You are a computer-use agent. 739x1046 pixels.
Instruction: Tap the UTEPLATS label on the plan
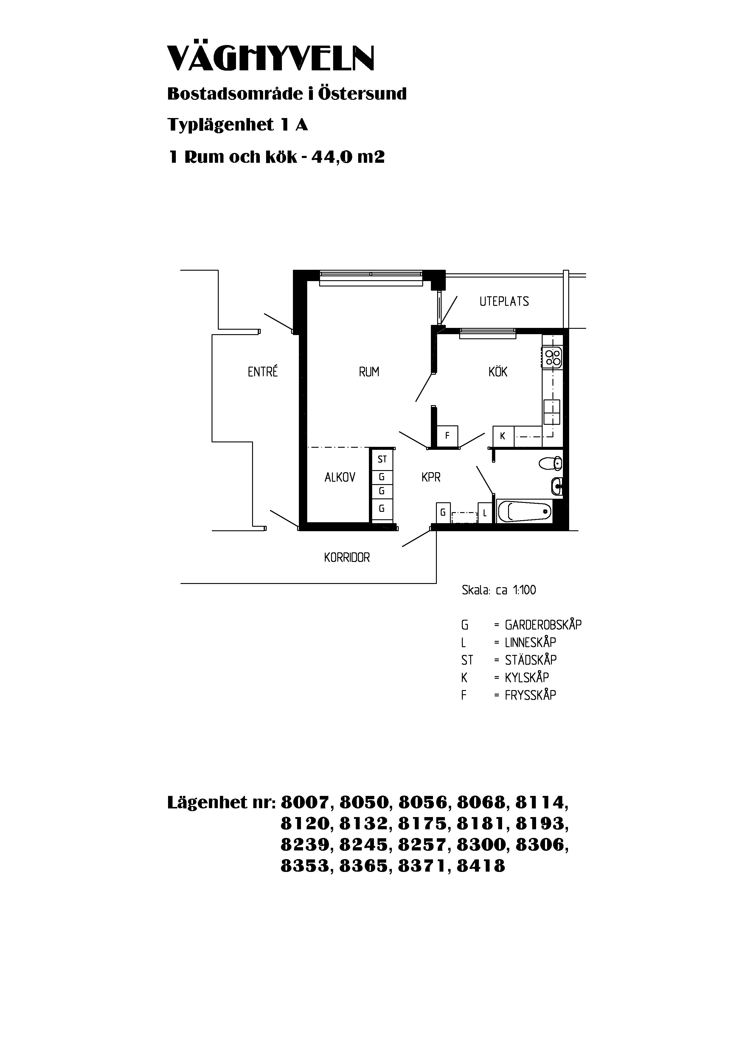pos(504,302)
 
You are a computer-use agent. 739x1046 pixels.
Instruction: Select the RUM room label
pos(369,372)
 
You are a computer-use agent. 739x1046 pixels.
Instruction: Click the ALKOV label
pos(340,478)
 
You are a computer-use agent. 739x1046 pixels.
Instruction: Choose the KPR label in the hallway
pos(431,478)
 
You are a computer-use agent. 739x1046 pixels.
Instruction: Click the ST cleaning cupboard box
pos(382,460)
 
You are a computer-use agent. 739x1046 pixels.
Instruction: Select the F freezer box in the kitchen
pos(447,436)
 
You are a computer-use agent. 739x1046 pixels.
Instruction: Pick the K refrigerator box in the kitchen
pos(503,436)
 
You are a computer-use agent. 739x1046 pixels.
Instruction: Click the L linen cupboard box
pos(485,513)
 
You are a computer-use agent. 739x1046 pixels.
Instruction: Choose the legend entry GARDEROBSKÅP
pos(543,624)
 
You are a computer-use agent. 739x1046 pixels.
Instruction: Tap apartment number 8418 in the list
pos(481,866)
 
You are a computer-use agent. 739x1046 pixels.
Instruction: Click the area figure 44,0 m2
pos(348,157)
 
